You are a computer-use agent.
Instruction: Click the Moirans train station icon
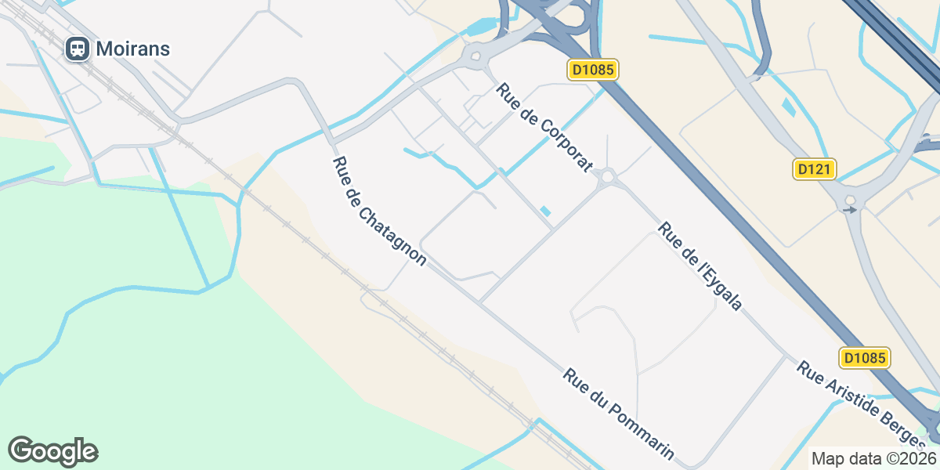(77, 49)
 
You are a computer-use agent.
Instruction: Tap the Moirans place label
(132, 49)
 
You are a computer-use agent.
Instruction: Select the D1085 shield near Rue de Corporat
(593, 70)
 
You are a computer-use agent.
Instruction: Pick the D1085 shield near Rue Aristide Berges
(866, 358)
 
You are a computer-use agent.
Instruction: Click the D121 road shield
(815, 168)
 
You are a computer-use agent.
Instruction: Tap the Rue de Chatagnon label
(379, 211)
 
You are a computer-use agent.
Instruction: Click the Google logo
(52, 451)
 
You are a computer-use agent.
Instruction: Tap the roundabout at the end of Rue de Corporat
(607, 178)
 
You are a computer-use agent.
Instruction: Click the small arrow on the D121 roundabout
(849, 210)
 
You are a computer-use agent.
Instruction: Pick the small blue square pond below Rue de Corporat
(545, 211)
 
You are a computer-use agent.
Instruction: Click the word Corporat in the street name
(560, 140)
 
